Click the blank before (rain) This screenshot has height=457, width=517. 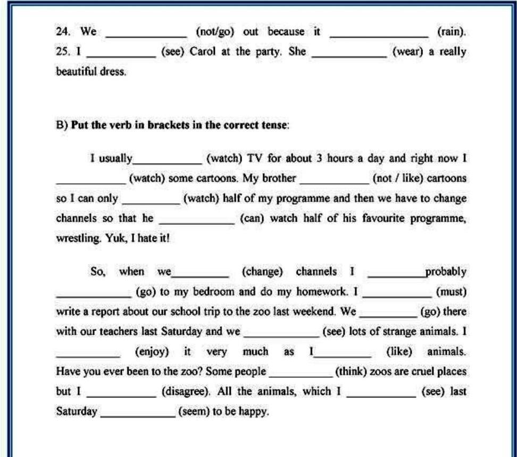(x=379, y=34)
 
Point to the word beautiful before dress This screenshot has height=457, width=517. (x=76, y=72)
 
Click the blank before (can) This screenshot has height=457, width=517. (x=196, y=221)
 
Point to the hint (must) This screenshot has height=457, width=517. (x=451, y=292)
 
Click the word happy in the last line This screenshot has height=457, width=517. (x=254, y=412)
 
